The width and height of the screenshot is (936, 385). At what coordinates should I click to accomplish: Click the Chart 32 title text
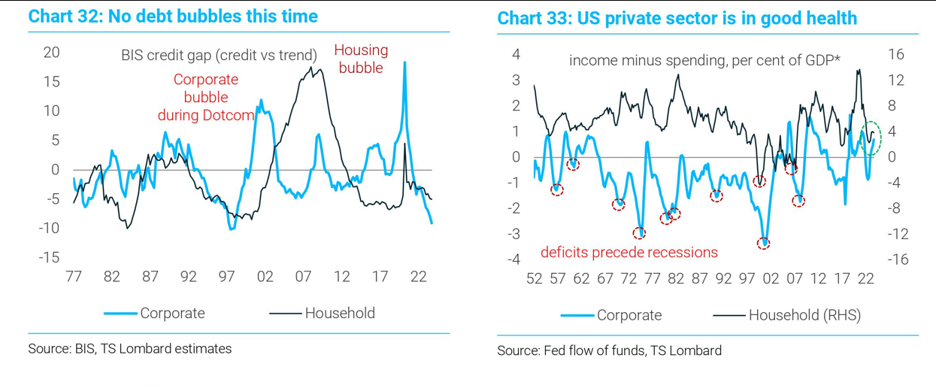(172, 17)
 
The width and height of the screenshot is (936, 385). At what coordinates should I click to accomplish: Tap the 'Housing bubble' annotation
(361, 59)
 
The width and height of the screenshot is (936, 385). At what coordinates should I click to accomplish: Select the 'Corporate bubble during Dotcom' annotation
(205, 97)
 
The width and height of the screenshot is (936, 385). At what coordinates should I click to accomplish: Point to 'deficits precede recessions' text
(629, 252)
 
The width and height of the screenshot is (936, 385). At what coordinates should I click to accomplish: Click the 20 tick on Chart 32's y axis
(51, 53)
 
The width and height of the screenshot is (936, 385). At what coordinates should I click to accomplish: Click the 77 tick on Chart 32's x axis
(74, 277)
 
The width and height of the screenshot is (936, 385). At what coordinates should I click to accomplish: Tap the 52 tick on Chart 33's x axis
(534, 278)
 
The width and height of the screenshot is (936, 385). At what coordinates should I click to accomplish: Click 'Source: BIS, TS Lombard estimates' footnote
(129, 349)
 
